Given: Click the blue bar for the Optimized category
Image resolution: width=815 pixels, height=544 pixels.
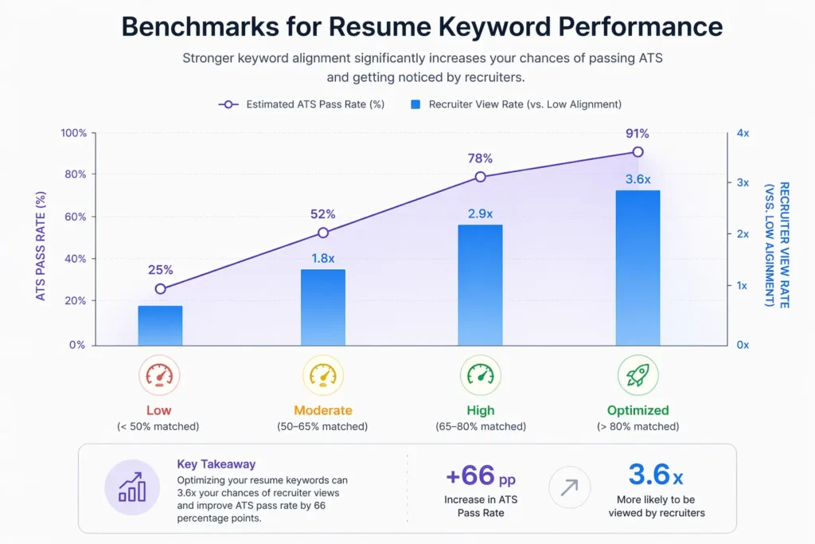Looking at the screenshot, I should [x=638, y=268].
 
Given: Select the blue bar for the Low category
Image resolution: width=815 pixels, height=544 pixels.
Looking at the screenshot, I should [x=160, y=325].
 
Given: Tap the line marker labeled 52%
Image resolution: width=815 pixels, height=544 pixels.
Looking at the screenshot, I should [x=323, y=233].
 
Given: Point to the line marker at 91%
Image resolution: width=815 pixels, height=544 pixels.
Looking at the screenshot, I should [x=638, y=151].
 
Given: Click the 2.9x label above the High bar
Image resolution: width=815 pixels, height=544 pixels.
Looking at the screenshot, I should [x=480, y=213].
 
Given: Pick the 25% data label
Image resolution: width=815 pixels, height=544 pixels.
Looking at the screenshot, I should [x=160, y=270].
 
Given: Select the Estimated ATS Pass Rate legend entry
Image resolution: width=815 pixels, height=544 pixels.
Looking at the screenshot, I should [x=302, y=104].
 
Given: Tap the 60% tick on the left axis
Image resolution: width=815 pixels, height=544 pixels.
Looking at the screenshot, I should [x=74, y=217].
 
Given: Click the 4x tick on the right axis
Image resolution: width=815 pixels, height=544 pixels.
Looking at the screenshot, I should [x=743, y=133].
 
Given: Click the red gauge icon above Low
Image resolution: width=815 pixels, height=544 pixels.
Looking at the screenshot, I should [x=159, y=375].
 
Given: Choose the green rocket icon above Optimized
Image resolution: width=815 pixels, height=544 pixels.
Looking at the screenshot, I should [x=638, y=375].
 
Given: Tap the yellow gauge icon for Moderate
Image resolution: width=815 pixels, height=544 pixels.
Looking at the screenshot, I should [x=322, y=375].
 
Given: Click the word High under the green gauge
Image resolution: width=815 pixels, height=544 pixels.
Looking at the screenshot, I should [x=480, y=411].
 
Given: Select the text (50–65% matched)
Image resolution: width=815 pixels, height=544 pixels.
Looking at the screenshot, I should [x=322, y=427].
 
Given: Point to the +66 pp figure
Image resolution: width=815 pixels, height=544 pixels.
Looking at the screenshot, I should [x=480, y=476].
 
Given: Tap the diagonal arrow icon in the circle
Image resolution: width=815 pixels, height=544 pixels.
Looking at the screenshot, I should [x=570, y=487].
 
